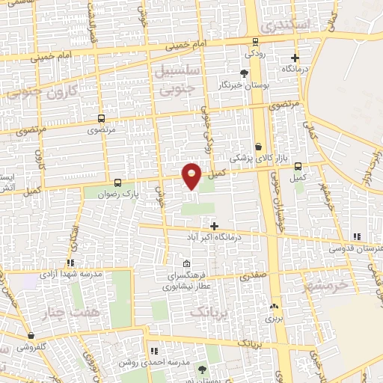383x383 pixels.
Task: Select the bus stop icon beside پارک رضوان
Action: pyautogui.click(x=117, y=183)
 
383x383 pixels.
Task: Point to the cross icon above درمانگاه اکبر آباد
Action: pyautogui.click(x=215, y=226)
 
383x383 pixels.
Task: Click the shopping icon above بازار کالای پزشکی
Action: pyautogui.click(x=258, y=147)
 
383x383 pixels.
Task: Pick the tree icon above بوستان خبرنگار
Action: pyautogui.click(x=244, y=73)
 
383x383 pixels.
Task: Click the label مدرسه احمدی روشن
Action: pyautogui.click(x=153, y=362)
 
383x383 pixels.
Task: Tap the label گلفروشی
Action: pyautogui.click(x=31, y=347)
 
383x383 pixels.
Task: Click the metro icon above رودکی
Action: pyautogui.click(x=256, y=42)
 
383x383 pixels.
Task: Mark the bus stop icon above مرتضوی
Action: pyautogui.click(x=101, y=118)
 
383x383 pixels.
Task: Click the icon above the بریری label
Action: pyautogui.click(x=274, y=307)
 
